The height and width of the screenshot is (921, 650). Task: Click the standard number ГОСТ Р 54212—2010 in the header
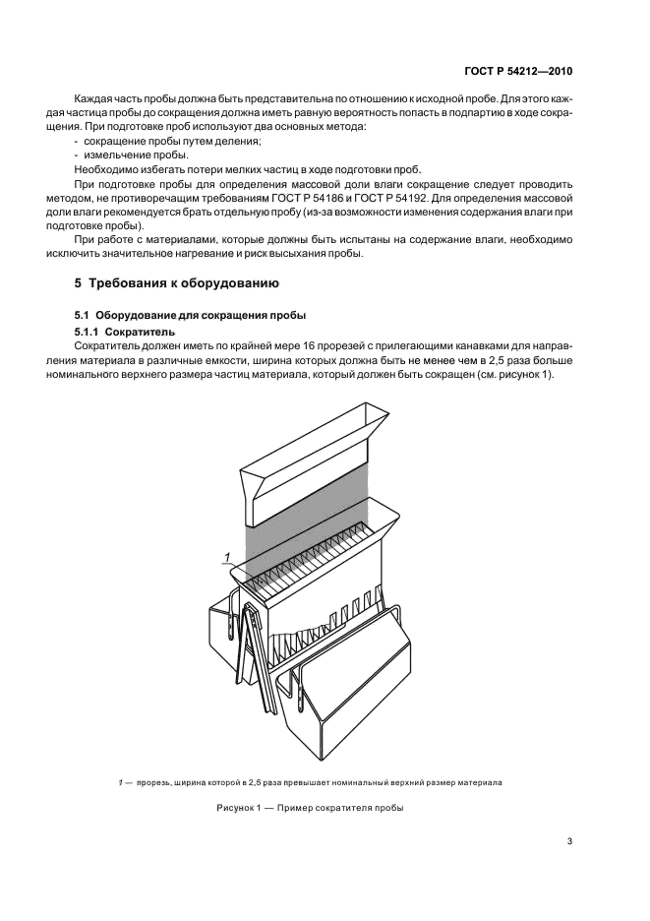(x=518, y=72)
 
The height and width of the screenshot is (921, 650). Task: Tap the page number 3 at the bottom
(x=569, y=840)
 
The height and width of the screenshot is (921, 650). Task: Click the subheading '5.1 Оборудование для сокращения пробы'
(x=191, y=315)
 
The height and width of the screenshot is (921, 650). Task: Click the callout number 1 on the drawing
(x=227, y=558)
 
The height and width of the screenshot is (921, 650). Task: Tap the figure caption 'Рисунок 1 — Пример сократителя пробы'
(x=310, y=809)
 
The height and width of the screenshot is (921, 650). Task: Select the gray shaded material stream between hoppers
(x=305, y=536)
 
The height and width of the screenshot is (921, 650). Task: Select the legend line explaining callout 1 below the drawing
(x=310, y=782)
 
